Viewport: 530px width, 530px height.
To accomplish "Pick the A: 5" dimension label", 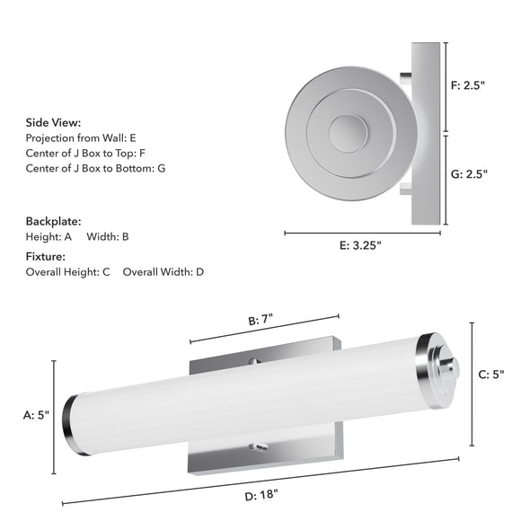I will coord(37,415).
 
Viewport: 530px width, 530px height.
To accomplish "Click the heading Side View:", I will coord(53,122).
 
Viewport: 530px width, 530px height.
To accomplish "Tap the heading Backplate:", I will coord(53,220).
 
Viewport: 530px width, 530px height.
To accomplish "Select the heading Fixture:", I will coord(45,256).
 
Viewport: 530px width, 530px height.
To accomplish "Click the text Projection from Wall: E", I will coord(81,137).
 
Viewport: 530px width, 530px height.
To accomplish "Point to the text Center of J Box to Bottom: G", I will coord(95,168).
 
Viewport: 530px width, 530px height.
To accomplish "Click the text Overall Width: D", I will coord(163,271).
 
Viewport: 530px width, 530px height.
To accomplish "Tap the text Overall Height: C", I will coord(67,271).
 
